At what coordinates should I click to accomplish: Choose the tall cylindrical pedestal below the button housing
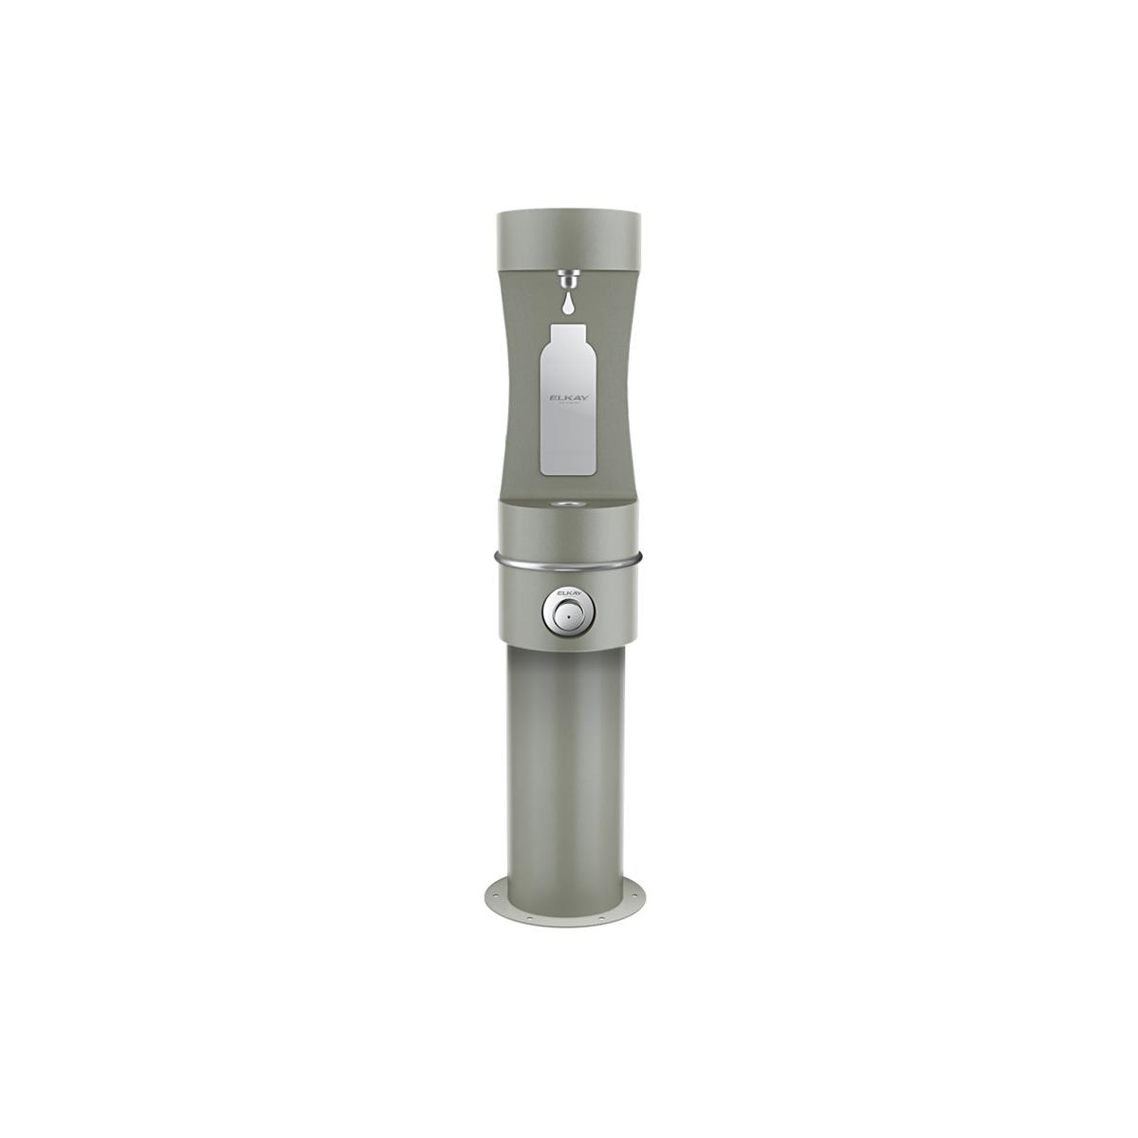(x=569, y=759)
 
